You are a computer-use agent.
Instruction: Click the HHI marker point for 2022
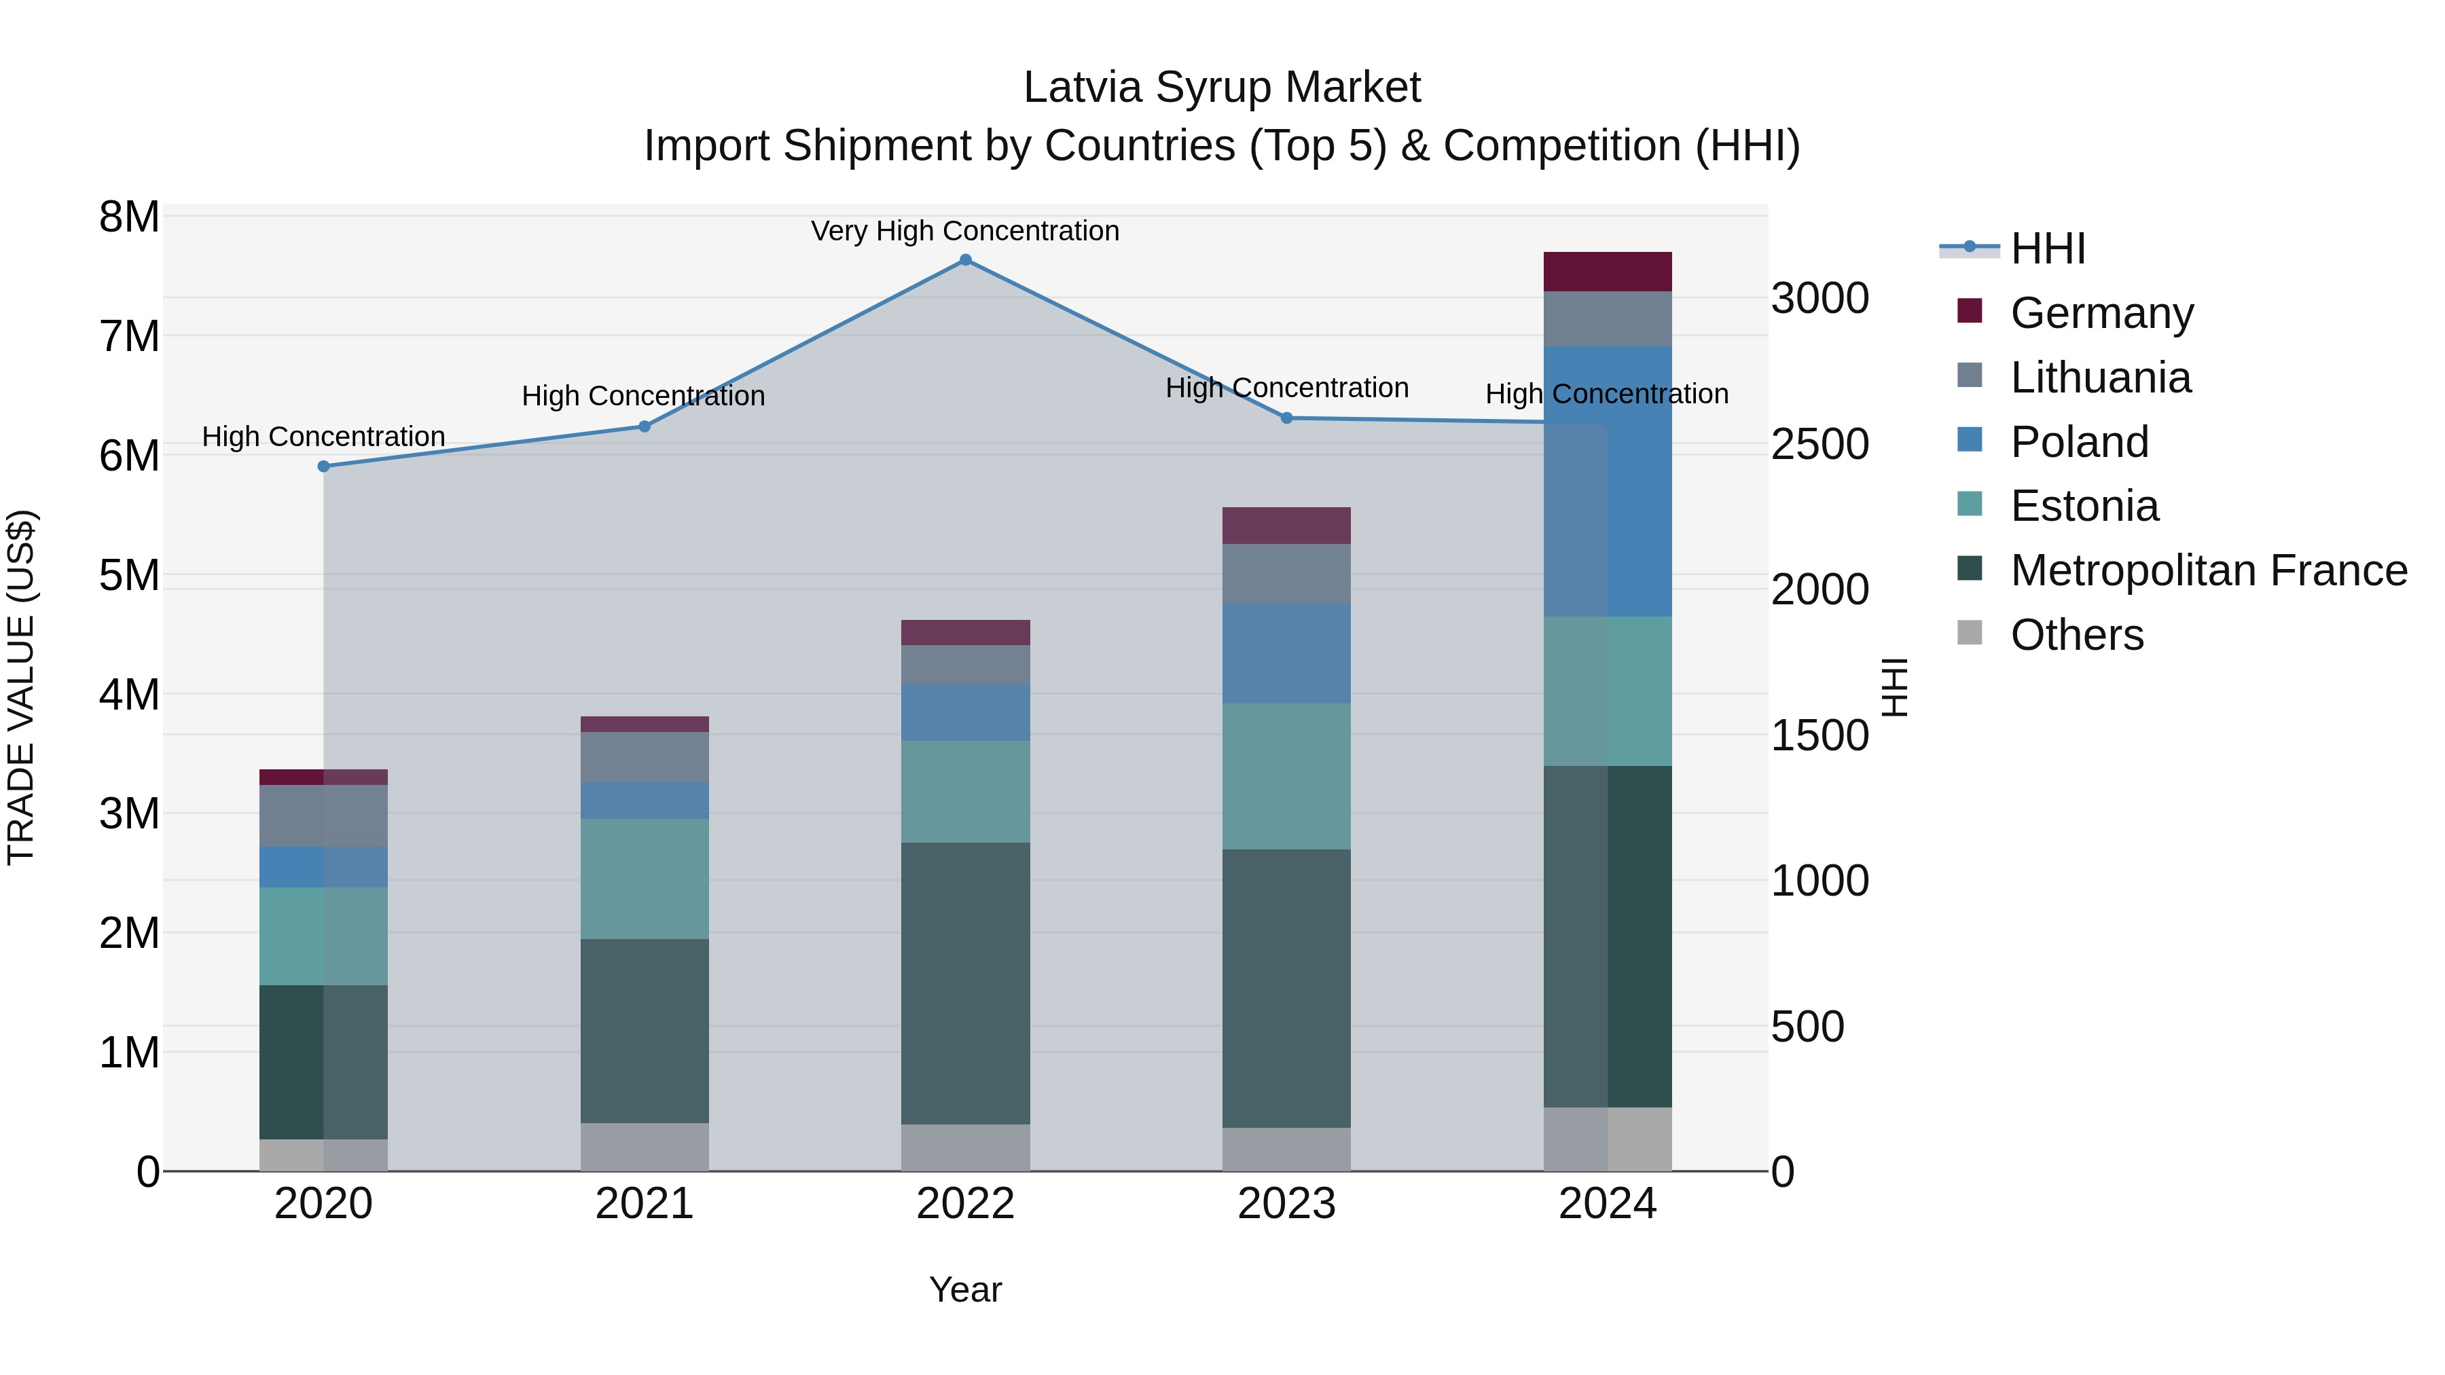pos(965,260)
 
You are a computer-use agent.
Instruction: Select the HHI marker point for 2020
pos(324,466)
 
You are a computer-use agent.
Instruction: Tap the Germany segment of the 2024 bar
pos(1607,272)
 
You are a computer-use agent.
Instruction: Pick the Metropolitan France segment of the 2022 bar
pos(965,983)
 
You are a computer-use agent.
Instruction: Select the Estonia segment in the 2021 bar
pos(645,879)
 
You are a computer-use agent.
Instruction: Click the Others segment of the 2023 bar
pos(1286,1149)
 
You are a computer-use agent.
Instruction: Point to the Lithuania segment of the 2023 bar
pos(1286,573)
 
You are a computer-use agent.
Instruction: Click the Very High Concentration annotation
pos(965,231)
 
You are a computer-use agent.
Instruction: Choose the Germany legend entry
pos(2101,312)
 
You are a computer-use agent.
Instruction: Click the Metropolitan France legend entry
pos(2208,570)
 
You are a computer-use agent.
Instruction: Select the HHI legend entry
pos(2046,249)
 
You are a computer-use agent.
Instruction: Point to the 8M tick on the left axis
pos(129,217)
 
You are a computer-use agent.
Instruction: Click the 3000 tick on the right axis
pos(1819,298)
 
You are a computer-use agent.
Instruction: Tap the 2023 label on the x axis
pos(1286,1204)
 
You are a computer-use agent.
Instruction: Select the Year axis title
pos(965,1289)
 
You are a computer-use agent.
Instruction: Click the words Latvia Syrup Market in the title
pos(1222,88)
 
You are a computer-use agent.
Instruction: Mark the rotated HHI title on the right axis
pos(1894,687)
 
